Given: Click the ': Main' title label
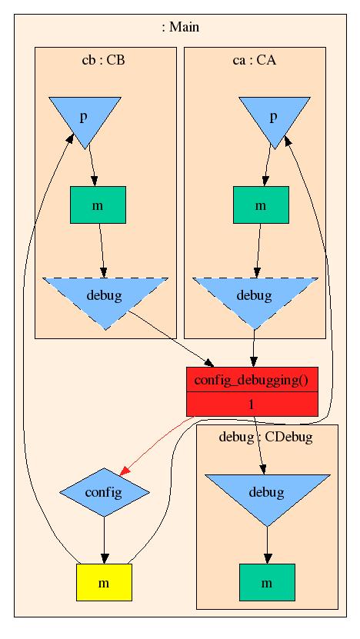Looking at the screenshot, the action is pyautogui.click(x=180, y=28).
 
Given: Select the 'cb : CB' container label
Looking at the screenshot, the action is pyautogui.click(x=103, y=60).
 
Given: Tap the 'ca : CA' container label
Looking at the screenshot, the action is pyautogui.click(x=255, y=60).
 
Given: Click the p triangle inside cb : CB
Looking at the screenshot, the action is pyautogui.click(x=85, y=118).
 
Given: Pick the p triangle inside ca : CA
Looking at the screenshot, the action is pyautogui.click(x=274, y=118).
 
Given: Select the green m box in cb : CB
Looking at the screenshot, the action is pyautogui.click(x=98, y=205).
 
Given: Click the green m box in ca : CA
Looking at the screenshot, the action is pyautogui.click(x=261, y=205).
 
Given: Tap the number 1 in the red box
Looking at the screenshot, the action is pyautogui.click(x=252, y=404).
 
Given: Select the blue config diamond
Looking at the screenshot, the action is pyautogui.click(x=105, y=492).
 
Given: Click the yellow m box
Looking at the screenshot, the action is pyautogui.click(x=104, y=582).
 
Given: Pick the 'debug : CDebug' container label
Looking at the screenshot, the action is pyautogui.click(x=266, y=438).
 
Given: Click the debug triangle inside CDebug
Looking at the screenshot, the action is pyautogui.click(x=267, y=495).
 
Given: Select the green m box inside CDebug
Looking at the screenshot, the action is pyautogui.click(x=267, y=582).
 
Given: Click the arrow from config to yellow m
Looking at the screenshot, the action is pyautogui.click(x=105, y=541).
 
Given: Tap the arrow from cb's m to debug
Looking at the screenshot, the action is pyautogui.click(x=102, y=251).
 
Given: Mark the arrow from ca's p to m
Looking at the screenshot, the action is pyautogui.click(x=268, y=165).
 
